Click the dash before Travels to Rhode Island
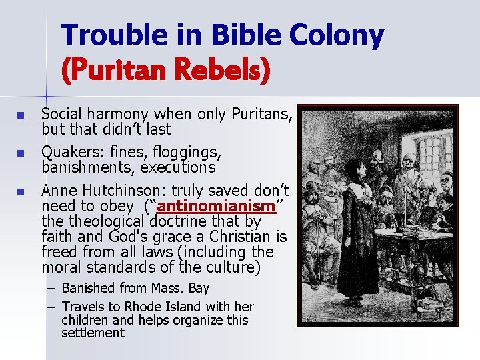pyautogui.click(x=51, y=307)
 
